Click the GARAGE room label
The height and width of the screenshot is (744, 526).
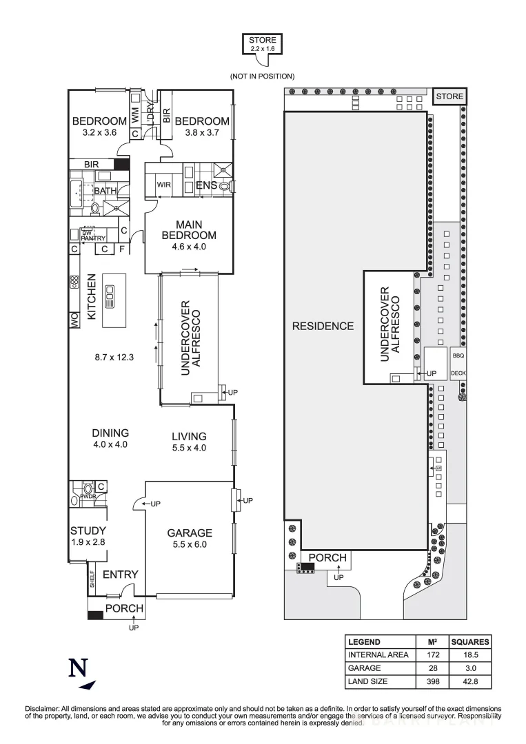click(x=190, y=533)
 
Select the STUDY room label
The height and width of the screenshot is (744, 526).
click(x=88, y=530)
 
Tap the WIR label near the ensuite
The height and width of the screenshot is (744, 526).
click(x=163, y=185)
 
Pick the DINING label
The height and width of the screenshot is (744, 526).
click(x=110, y=433)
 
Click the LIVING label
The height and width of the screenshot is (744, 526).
click(x=189, y=436)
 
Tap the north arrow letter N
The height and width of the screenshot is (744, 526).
click(x=78, y=668)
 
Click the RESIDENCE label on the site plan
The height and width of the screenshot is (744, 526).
click(x=323, y=326)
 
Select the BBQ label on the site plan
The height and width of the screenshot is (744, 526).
click(x=458, y=357)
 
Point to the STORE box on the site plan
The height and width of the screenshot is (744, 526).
click(x=449, y=96)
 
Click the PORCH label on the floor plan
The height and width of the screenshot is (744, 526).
click(x=124, y=608)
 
